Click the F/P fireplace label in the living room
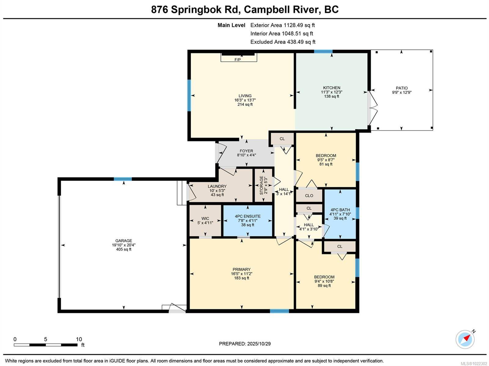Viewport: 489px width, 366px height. (x=237, y=60)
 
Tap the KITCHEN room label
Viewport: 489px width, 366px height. (x=332, y=88)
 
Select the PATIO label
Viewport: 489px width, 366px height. (x=402, y=88)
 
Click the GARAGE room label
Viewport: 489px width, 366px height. (x=124, y=241)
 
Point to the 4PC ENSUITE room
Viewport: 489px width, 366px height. (x=248, y=220)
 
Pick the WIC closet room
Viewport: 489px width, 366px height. (x=205, y=220)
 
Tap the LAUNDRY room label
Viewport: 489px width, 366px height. (x=217, y=186)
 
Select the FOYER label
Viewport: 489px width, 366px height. (x=246, y=151)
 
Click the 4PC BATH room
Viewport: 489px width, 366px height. (x=340, y=214)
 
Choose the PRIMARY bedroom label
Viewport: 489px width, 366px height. (x=241, y=269)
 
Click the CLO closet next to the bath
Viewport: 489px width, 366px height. (x=309, y=196)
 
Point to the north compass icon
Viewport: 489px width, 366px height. (x=465, y=339)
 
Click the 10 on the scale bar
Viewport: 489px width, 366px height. (x=79, y=339)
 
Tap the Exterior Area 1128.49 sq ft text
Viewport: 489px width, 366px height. (x=282, y=25)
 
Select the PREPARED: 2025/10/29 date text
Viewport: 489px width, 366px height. (x=245, y=344)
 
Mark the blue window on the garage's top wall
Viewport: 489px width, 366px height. (x=123, y=179)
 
